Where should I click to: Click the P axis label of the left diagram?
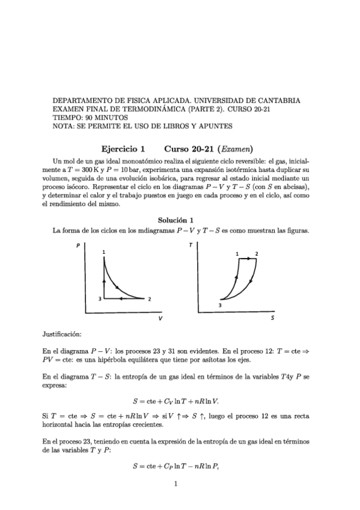coord(78,246)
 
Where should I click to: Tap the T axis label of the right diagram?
coord(191,246)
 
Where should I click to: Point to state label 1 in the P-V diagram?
coord(105,251)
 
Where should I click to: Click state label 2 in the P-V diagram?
coord(149,299)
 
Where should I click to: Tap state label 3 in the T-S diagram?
coord(220,306)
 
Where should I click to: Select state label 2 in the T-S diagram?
coord(257,254)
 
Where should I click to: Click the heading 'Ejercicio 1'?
coord(123,148)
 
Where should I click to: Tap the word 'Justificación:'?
coord(63,333)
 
